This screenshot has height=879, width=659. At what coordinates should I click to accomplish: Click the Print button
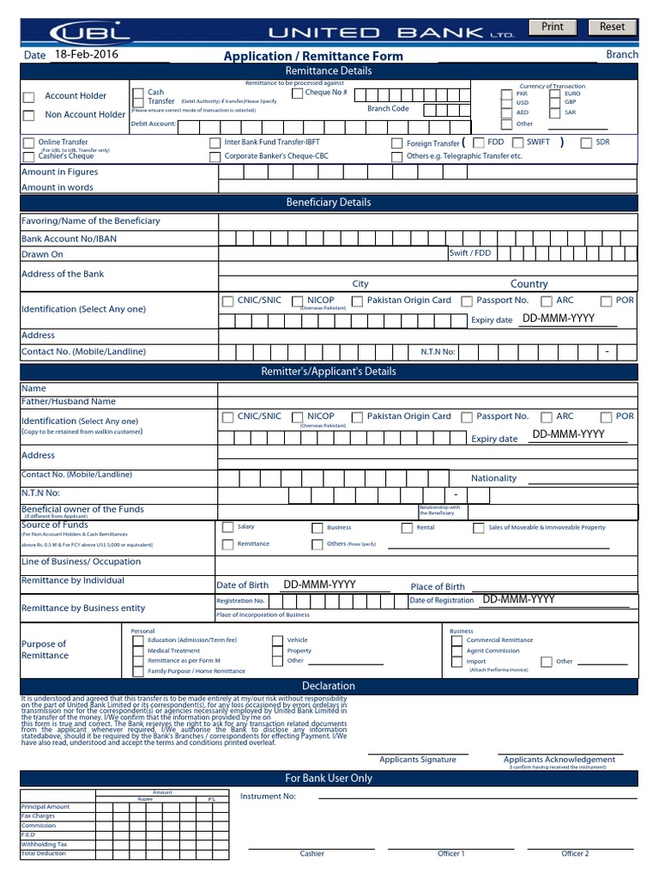pos(553,27)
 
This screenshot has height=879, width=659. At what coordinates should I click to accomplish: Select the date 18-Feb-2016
pos(86,54)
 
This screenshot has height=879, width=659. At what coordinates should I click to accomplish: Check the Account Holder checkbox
pos(29,97)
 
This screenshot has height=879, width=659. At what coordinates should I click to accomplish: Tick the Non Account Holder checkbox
pos(29,115)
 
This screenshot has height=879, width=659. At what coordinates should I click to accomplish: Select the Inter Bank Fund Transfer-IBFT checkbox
pos(215,143)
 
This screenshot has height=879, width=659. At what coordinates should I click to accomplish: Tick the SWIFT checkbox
pos(518,142)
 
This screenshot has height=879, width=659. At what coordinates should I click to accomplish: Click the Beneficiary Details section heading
pos(329,203)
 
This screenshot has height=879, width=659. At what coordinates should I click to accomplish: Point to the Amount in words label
pos(57,187)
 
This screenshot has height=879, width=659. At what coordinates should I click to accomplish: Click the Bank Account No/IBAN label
pos(69,239)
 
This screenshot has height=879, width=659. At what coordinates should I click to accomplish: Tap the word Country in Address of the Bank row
pos(529,284)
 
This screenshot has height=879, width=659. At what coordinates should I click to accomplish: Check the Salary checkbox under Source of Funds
pos(227,527)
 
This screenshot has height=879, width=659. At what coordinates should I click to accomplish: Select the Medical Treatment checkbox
pos(139,652)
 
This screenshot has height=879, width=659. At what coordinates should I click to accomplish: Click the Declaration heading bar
pos(329,686)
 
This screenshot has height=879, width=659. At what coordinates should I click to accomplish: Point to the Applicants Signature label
pos(418,760)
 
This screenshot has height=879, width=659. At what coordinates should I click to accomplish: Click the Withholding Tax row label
pos(44,845)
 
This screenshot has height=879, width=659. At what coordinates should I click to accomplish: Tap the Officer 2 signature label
pos(575,854)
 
